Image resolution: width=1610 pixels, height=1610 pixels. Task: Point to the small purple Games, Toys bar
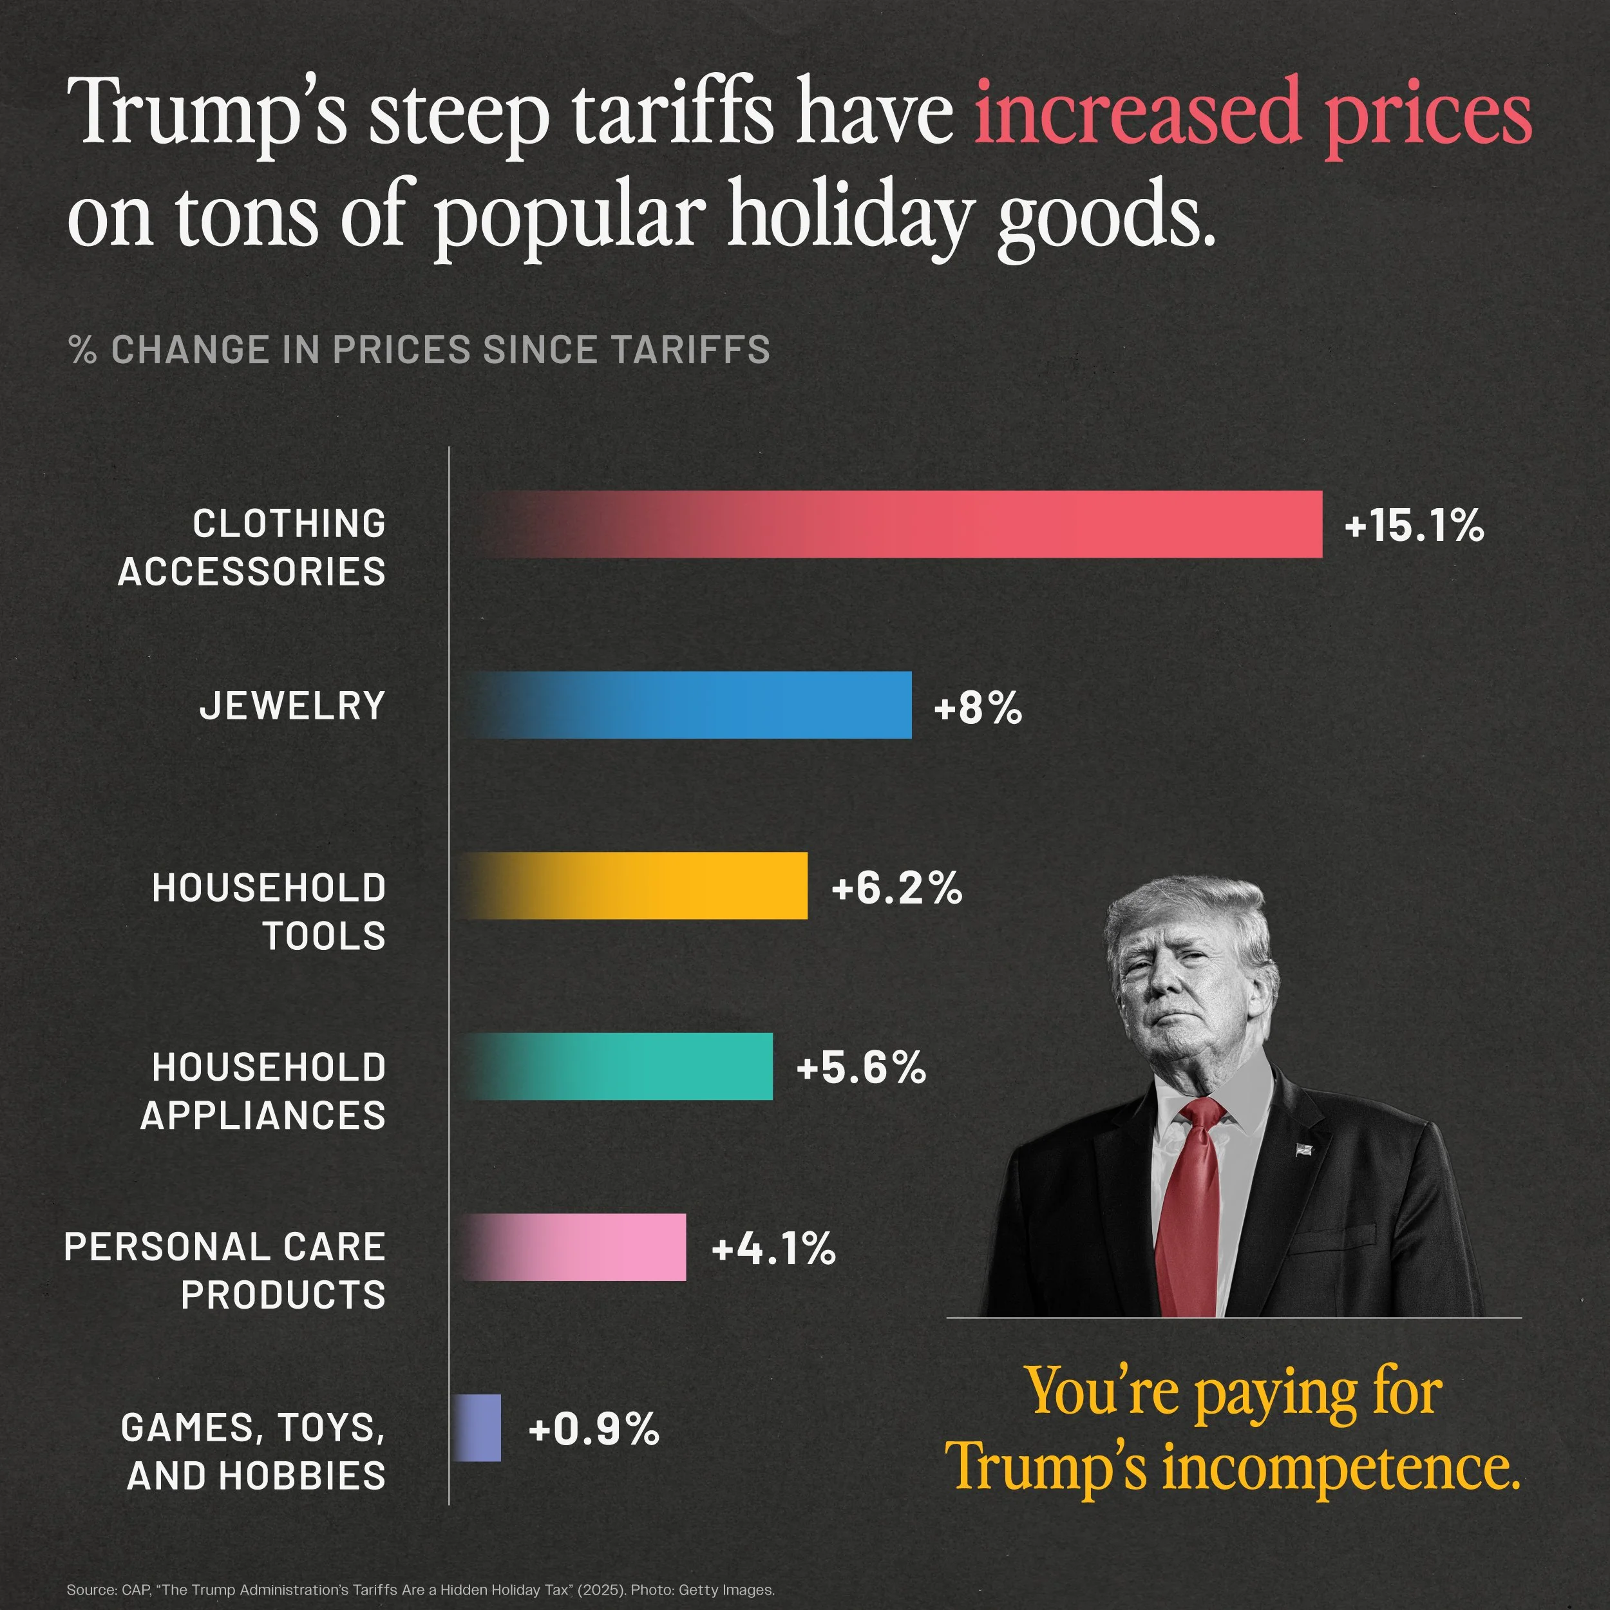click(478, 1428)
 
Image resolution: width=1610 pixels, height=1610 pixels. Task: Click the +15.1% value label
click(1414, 527)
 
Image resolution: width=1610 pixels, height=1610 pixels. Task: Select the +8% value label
click(978, 708)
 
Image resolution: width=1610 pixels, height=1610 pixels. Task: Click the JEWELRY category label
click(292, 706)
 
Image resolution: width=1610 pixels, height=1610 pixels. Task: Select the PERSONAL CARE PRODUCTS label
click(225, 1271)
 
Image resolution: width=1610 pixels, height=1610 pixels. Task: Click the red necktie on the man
click(1191, 1208)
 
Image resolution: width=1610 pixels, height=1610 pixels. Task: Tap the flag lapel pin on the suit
click(1304, 1150)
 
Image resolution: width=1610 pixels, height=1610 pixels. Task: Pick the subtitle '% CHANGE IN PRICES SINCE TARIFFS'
click(419, 350)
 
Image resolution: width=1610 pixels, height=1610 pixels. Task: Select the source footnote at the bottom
click(421, 1589)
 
